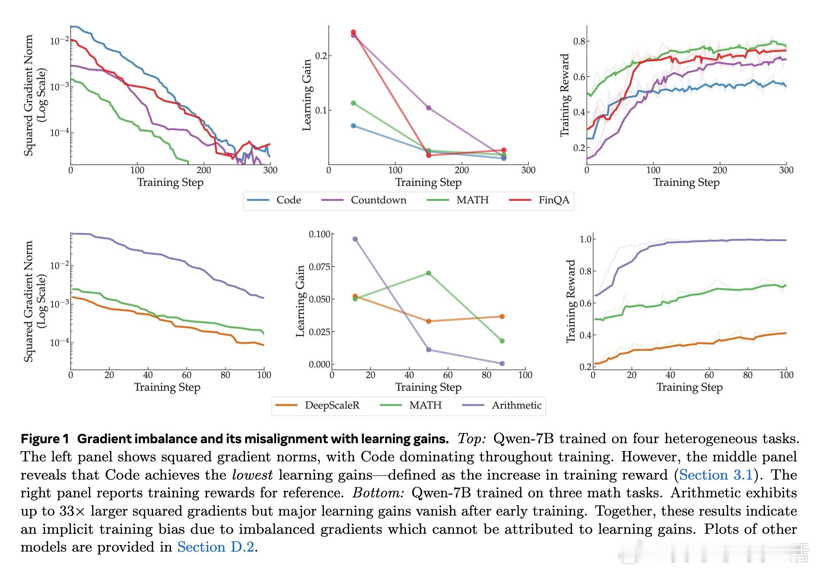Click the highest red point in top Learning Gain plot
click(353, 32)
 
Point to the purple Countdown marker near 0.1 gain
click(428, 108)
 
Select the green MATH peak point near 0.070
click(428, 273)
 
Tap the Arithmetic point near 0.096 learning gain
click(355, 239)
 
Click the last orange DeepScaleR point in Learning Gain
click(502, 317)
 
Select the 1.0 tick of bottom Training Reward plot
click(585, 239)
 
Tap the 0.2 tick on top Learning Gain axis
click(321, 56)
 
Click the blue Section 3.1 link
click(716, 475)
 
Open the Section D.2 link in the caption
click(216, 547)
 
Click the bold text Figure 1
click(45, 439)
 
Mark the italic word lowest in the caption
click(252, 475)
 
